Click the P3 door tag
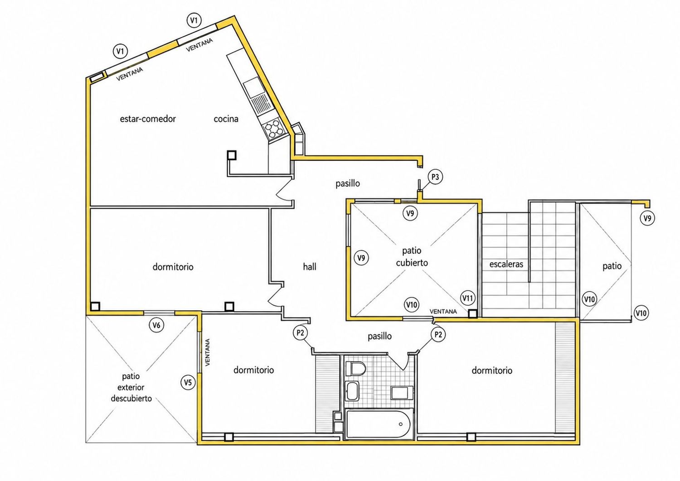click(435, 177)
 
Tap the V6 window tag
click(156, 325)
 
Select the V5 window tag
click(188, 382)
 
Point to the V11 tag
click(467, 298)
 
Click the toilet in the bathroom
click(356, 369)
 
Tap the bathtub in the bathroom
click(379, 423)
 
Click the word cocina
click(226, 119)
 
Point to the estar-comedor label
click(148, 119)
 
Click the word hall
click(310, 267)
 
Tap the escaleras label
click(506, 264)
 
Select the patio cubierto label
click(412, 256)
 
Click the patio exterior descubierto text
click(131, 387)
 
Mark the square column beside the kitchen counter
click(232, 155)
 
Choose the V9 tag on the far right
click(647, 218)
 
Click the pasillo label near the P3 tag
click(348, 183)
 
